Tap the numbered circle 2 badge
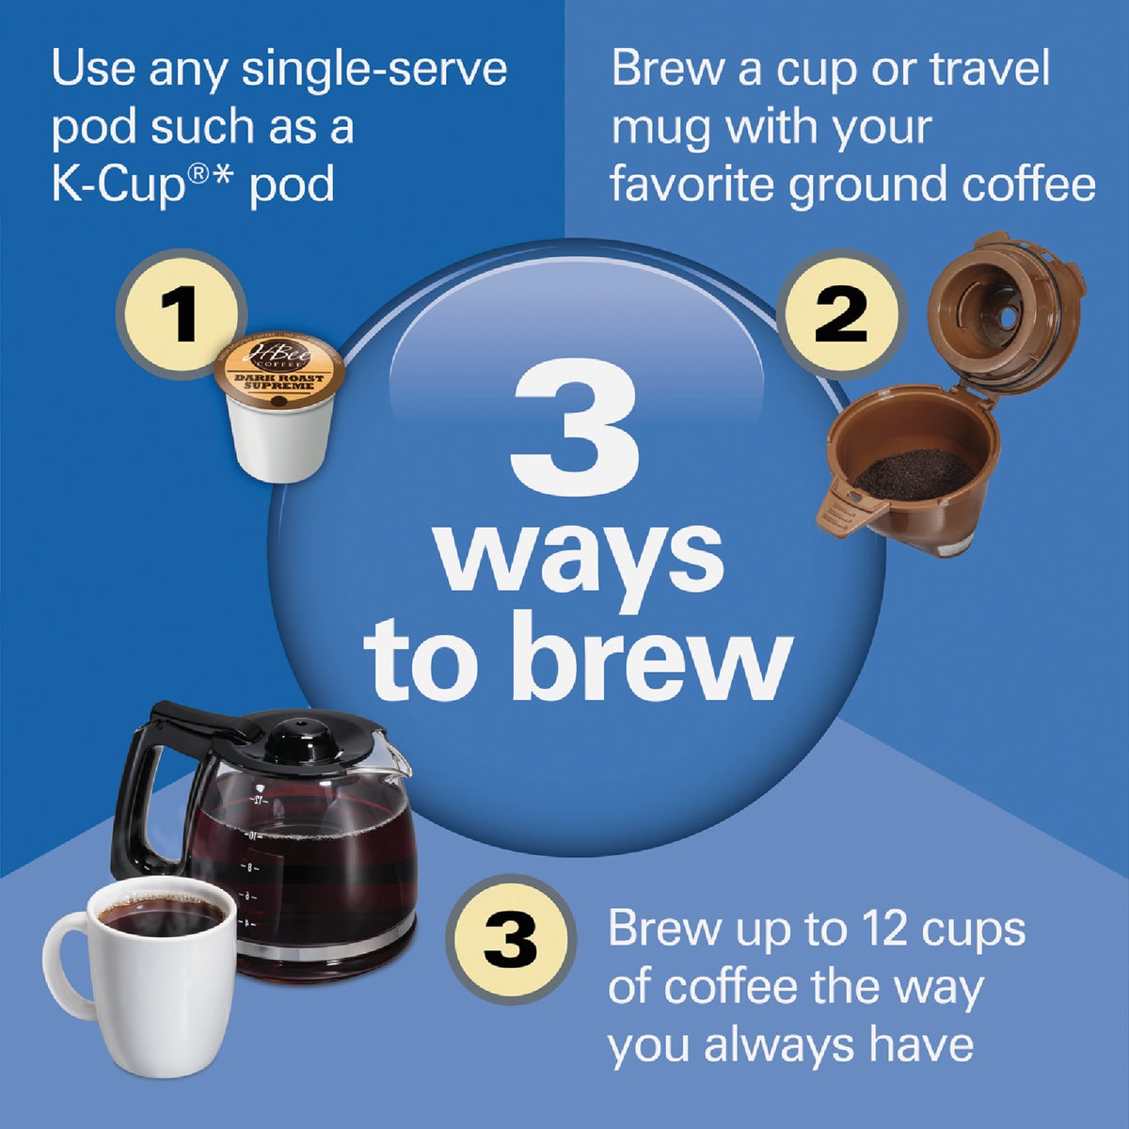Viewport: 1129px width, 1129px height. pos(840,313)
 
